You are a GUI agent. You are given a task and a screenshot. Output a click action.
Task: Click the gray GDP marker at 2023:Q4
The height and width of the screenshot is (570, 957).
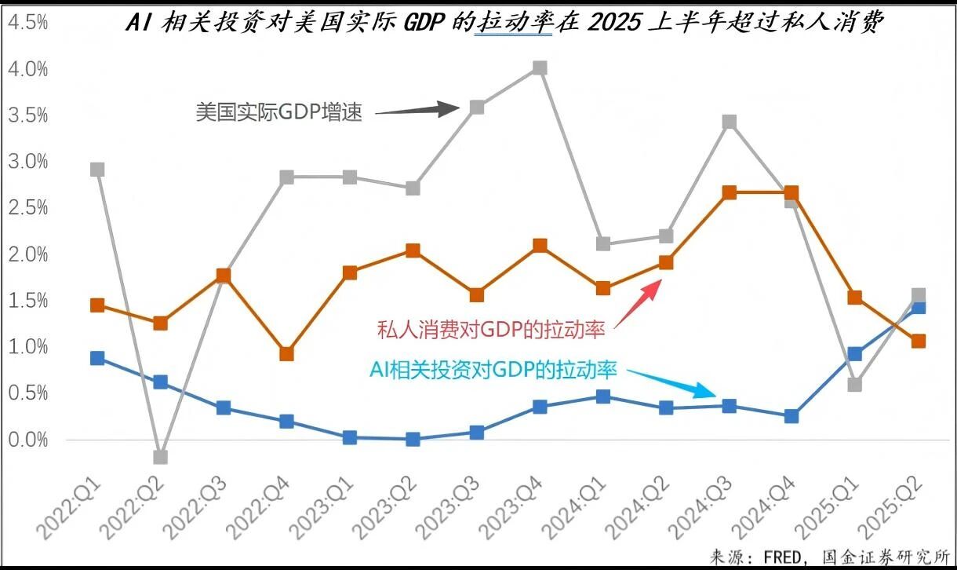[x=540, y=68]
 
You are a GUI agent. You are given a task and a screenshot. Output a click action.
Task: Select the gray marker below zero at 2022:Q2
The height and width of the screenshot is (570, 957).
[x=160, y=457]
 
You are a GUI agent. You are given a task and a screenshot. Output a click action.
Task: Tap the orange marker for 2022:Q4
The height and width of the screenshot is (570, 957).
[x=286, y=354]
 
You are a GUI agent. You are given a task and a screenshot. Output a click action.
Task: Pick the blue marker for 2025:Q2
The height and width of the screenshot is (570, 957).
[x=918, y=307]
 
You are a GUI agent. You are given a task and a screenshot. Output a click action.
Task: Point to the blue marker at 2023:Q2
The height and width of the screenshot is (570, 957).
[x=413, y=440]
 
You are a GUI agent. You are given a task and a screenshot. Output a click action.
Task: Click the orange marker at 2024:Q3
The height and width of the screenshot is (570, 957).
[x=729, y=192]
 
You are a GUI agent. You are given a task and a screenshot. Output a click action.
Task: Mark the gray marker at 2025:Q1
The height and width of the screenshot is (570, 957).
[x=855, y=385]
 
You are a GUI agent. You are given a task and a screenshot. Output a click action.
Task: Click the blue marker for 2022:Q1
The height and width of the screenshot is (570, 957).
[x=97, y=358]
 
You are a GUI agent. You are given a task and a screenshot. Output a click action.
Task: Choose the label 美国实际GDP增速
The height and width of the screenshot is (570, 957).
[x=279, y=112]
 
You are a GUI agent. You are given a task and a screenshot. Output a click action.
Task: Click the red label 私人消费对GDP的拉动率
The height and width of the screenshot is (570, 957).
[x=492, y=330]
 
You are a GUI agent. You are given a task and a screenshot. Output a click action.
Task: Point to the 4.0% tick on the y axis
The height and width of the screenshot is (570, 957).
[x=28, y=69]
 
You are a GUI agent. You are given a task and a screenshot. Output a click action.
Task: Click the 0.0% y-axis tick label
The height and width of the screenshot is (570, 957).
[x=28, y=440]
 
